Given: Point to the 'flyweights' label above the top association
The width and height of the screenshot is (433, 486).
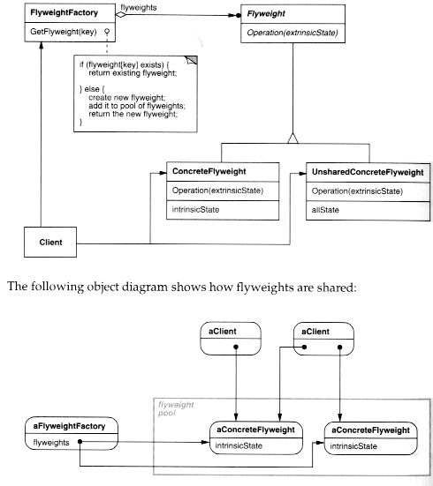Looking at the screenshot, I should tap(140, 6).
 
